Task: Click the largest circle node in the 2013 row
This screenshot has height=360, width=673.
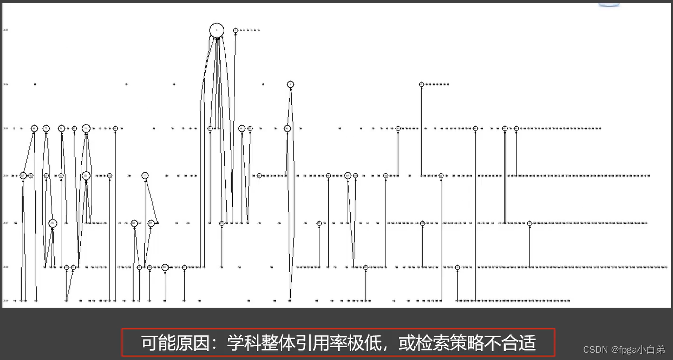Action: (x=216, y=30)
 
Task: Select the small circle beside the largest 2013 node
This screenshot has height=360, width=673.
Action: (x=235, y=30)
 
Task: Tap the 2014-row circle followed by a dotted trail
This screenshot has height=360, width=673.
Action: (x=422, y=84)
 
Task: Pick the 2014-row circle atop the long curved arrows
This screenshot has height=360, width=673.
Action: (x=290, y=84)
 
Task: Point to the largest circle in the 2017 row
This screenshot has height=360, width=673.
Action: (x=52, y=223)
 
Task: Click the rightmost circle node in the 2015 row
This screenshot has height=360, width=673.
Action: (x=516, y=128)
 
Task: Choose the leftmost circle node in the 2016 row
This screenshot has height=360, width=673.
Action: (x=23, y=176)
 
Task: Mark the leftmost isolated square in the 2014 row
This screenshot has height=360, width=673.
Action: (x=35, y=84)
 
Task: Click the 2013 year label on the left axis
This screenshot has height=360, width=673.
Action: (x=6, y=30)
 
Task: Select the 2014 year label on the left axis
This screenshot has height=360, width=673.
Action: (x=6, y=84)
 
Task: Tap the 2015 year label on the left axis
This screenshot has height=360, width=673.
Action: (x=6, y=128)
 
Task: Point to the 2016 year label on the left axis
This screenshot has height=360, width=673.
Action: (x=6, y=176)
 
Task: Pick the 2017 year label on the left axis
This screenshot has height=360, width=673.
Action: (x=6, y=223)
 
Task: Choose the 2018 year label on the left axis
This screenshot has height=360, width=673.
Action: (x=6, y=267)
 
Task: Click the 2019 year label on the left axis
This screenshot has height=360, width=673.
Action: (x=6, y=301)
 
